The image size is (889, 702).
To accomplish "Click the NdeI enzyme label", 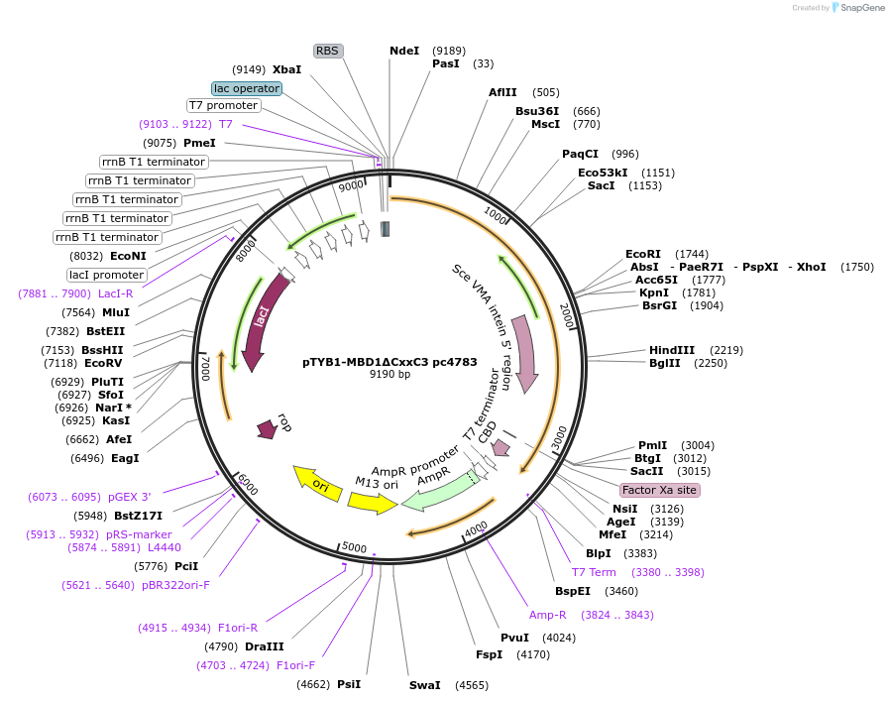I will tap(404, 51).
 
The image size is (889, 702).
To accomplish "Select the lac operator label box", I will tap(247, 88).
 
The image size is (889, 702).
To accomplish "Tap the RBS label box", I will tap(327, 51).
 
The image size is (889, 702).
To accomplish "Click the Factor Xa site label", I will tap(659, 490).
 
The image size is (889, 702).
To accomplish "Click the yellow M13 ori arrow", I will tap(372, 503).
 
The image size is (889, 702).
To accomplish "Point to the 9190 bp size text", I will tap(389, 375).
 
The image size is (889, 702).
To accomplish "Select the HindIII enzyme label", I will tap(672, 350).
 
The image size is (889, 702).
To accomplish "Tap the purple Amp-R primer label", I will tap(548, 615).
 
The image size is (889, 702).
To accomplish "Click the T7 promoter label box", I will tap(223, 105).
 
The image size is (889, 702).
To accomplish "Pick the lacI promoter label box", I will tap(106, 275).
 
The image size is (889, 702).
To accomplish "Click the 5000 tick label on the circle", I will tap(353, 547).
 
